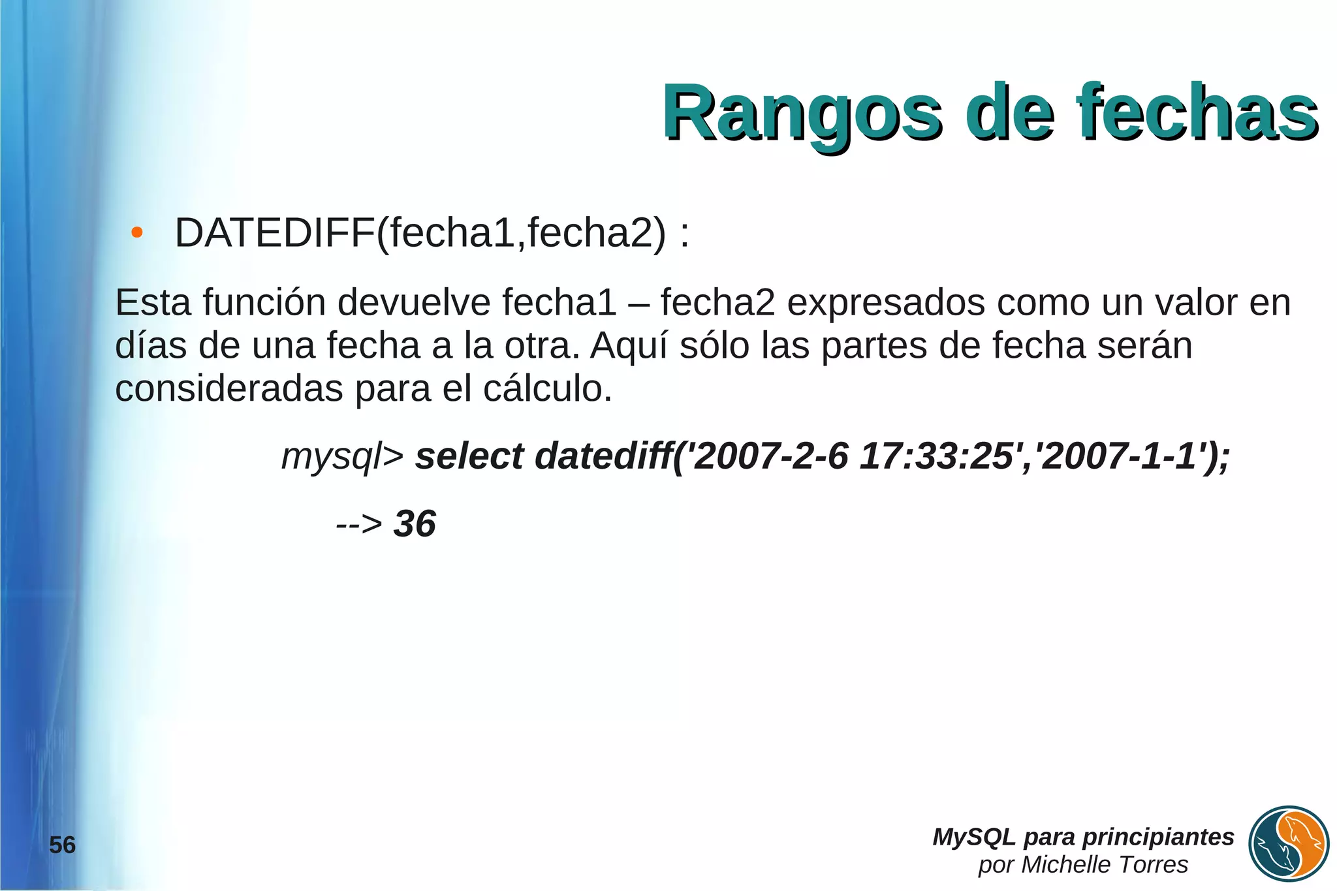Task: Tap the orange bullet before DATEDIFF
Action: pos(136,232)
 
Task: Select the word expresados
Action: pos(886,303)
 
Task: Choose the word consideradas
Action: pos(229,389)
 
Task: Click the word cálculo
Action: pos(547,389)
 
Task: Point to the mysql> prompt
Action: pos(343,456)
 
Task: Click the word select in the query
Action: pos(469,456)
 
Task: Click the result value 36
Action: pos(415,524)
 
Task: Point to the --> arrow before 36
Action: pos(358,524)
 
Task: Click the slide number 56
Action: pos(63,845)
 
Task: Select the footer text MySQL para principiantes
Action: pos(1083,837)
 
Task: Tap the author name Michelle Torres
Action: pos(1104,865)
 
